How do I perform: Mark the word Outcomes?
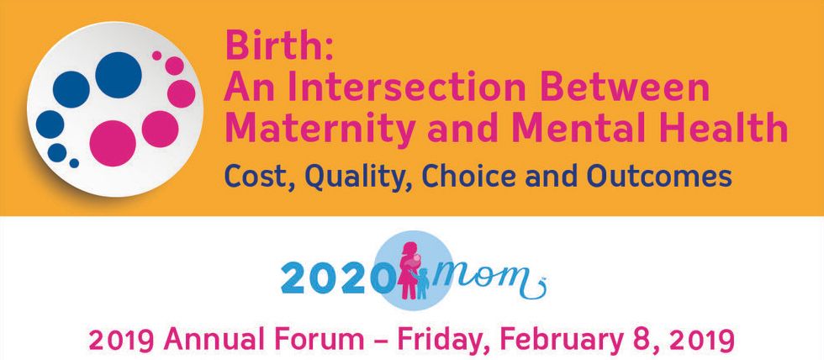tap(659, 176)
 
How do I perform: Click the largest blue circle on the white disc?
tap(119, 75)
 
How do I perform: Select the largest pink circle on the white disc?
tap(113, 143)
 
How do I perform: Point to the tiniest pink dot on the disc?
tap(156, 56)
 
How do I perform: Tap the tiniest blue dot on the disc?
tap(74, 163)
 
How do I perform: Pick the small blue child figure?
tap(422, 283)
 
